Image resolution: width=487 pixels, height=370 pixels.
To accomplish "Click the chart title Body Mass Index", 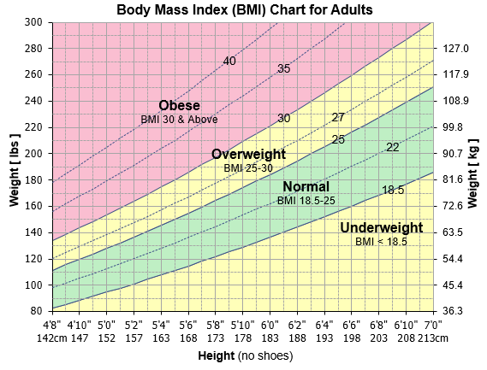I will pos(243,9).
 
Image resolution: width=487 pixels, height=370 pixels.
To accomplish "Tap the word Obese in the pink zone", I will pos(180,106).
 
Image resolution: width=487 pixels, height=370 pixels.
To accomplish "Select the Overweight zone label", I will pos(247,155).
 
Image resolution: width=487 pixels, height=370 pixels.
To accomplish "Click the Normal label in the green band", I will pos(306,186).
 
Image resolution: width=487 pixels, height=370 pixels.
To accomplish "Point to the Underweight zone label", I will pos(381,228).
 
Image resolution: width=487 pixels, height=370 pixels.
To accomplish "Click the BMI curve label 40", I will pos(229,62).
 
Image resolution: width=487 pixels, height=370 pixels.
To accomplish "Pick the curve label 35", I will pos(284,69).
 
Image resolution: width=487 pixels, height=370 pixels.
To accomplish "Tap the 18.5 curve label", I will pos(393,190).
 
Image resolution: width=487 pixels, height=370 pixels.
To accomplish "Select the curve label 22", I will pos(393,147).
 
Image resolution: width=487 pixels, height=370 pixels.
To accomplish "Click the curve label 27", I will pos(338,117).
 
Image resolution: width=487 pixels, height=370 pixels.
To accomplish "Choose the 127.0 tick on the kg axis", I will pos(456,48).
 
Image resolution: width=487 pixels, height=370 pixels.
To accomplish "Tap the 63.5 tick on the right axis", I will pos(456,232).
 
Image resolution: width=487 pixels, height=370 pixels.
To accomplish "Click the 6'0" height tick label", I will pos(270,325).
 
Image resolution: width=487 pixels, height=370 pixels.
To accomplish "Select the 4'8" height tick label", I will pos(53,325).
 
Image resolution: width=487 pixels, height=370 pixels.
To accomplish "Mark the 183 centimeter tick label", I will pos(270,338).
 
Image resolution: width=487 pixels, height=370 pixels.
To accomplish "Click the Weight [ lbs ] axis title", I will pos(15,167).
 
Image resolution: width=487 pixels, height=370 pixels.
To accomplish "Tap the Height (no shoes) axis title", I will pos(243,355).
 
